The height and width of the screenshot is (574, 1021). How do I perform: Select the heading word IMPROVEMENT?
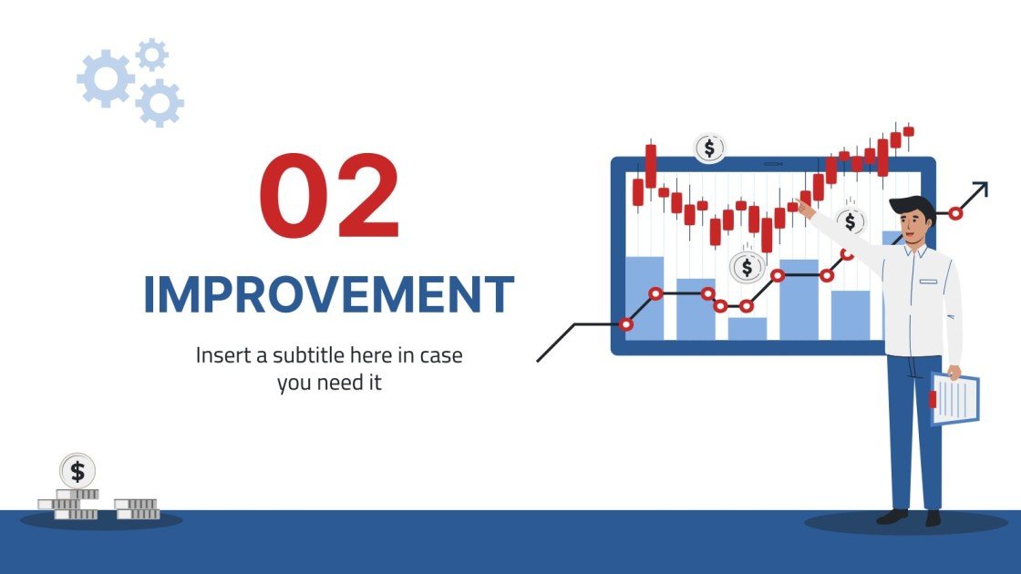328,294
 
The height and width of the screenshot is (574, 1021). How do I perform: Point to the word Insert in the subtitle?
222,355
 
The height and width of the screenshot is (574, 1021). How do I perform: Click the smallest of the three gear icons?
151,55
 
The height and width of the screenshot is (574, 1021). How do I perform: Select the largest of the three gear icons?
107,79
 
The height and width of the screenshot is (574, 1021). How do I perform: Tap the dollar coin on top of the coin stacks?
77,471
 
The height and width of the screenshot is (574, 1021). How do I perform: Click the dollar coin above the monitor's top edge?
710,148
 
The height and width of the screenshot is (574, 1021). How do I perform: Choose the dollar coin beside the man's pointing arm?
851,220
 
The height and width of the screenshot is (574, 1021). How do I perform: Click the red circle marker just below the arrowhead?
955,213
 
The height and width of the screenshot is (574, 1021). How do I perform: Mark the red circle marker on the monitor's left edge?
625,323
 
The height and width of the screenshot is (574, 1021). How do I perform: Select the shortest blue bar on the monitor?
748,328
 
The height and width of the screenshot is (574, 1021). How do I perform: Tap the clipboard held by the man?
954,398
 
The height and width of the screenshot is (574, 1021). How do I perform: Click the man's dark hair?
912,207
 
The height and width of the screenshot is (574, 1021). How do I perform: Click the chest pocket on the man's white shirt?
928,284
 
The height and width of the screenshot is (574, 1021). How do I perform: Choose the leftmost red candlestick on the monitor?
638,192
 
